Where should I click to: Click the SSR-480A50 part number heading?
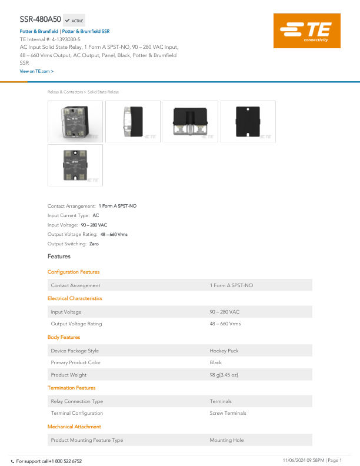click(40, 19)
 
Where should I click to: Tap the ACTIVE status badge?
click(74, 21)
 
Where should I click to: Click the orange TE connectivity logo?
click(307, 31)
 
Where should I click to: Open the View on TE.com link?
click(36, 71)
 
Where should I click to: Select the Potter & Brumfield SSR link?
click(86, 31)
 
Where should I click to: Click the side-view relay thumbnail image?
click(133, 122)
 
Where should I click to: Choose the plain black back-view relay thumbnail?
click(248, 122)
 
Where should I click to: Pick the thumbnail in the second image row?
click(75, 165)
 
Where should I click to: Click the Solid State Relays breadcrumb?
click(103, 92)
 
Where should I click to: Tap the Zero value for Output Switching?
click(94, 244)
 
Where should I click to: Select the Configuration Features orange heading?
click(74, 272)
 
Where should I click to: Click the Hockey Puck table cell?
click(224, 351)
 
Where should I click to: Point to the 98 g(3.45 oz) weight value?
click(224, 375)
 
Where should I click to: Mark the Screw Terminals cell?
click(228, 413)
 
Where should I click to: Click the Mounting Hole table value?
click(226, 440)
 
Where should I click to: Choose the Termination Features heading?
click(71, 388)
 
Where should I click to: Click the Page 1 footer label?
click(335, 460)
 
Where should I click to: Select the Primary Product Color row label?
click(75, 362)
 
